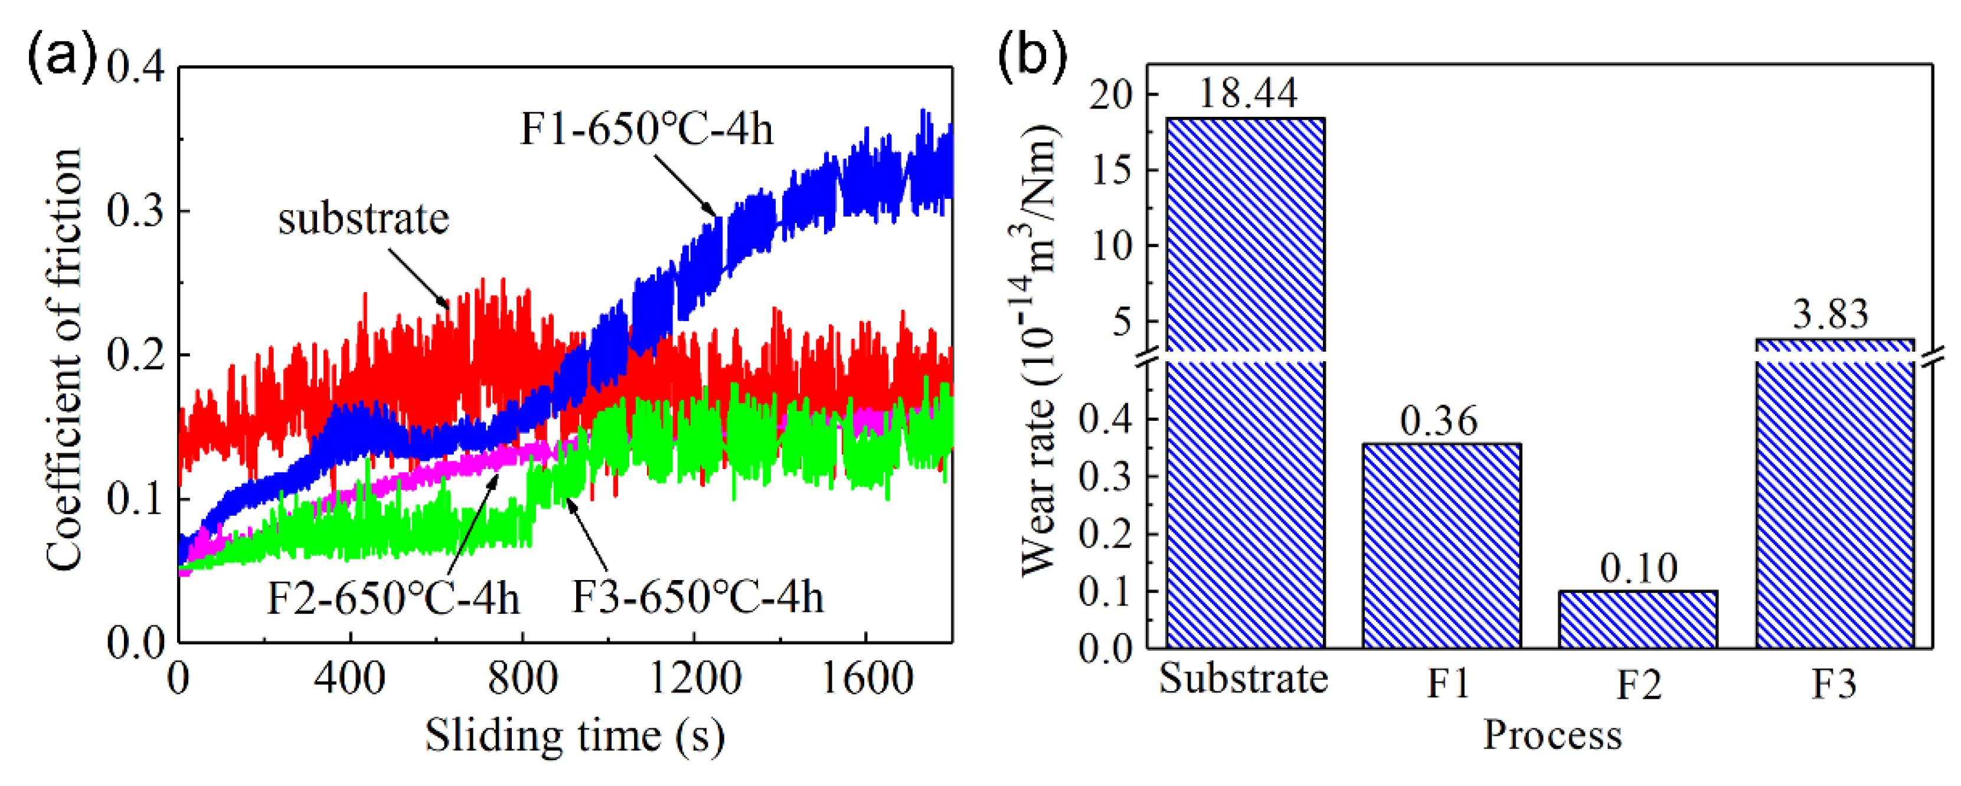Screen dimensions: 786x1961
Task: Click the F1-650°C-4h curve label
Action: click(x=646, y=129)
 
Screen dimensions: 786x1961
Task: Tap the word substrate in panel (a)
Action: click(x=364, y=219)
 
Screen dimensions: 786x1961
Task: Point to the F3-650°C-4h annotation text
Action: click(x=697, y=597)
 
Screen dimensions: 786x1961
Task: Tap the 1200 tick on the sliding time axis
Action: click(x=694, y=677)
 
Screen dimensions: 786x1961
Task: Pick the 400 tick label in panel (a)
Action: click(x=349, y=677)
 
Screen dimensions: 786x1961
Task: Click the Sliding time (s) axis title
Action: click(x=575, y=736)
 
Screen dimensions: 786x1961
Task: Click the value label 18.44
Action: click(x=1247, y=93)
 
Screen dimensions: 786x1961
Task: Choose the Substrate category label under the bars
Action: click(x=1243, y=679)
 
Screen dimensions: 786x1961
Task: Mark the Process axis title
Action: click(x=1552, y=736)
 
